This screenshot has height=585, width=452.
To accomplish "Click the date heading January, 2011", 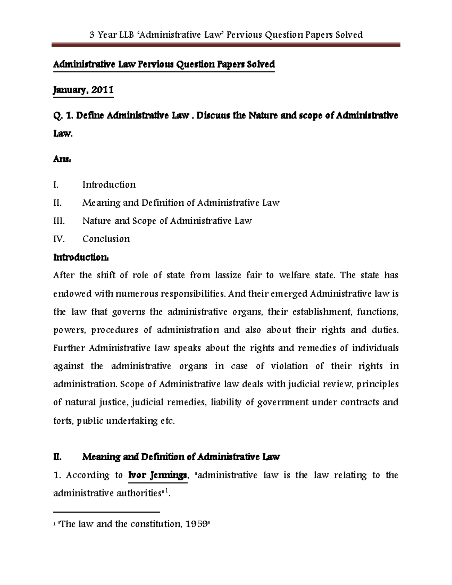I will click(x=83, y=90).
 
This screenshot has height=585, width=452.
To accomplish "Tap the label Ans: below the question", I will click(x=62, y=159).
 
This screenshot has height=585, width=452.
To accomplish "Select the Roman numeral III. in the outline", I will click(x=59, y=221).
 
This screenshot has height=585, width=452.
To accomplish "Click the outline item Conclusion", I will click(x=106, y=239).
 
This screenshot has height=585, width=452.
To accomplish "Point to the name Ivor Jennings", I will click(x=157, y=475).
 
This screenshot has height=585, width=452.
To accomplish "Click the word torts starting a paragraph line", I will click(x=63, y=421).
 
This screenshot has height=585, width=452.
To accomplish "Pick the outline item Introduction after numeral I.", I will click(x=109, y=185).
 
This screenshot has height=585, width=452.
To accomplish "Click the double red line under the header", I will click(x=226, y=45).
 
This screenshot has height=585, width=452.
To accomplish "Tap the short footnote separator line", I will click(x=107, y=512).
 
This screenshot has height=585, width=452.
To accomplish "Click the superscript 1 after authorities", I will click(x=168, y=491).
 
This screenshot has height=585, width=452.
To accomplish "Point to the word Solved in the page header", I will click(x=348, y=35).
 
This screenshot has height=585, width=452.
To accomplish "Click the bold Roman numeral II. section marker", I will click(x=57, y=457).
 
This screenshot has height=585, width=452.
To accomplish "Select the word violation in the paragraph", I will click(x=289, y=366).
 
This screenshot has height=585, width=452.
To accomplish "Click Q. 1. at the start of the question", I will click(x=63, y=115).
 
